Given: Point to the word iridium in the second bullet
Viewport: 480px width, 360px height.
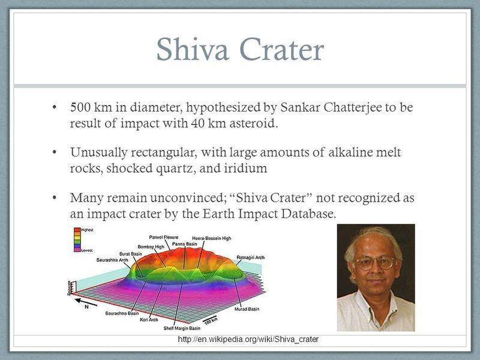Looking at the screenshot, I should click(x=243, y=169).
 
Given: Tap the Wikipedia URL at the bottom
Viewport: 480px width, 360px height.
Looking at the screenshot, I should click(x=248, y=340).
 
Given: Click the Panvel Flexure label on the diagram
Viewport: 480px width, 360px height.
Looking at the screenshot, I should click(x=163, y=238).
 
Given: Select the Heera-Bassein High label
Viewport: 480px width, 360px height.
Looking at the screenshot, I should click(x=211, y=238).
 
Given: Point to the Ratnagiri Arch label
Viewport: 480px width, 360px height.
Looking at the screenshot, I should click(x=251, y=257).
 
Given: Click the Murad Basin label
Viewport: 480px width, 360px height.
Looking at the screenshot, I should click(x=247, y=310).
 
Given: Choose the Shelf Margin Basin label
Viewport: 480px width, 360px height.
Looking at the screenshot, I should click(x=182, y=328).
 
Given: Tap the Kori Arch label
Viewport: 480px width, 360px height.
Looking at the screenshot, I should click(x=149, y=320).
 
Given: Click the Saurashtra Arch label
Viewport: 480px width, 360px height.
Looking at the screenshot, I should click(x=112, y=260).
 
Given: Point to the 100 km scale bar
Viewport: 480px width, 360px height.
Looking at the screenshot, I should click(x=210, y=323).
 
